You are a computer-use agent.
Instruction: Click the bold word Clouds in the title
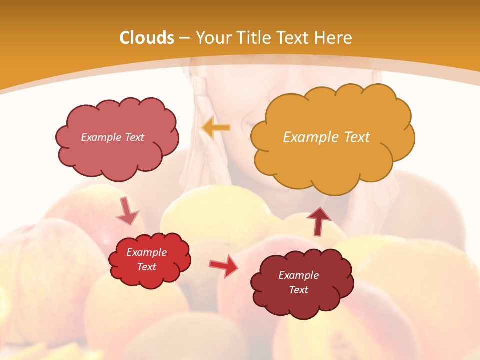pyautogui.click(x=146, y=38)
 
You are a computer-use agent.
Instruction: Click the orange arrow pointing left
pyautogui.click(x=216, y=128)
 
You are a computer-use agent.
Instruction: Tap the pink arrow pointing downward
pyautogui.click(x=127, y=211)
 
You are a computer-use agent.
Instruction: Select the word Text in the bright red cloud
pyautogui.click(x=147, y=267)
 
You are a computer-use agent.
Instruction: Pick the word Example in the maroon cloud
pyautogui.click(x=298, y=275)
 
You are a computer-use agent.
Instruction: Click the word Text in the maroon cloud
pyautogui.click(x=298, y=290)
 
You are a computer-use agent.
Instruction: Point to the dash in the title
pyautogui.click(x=184, y=38)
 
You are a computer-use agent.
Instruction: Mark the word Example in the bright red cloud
pyautogui.click(x=147, y=252)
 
